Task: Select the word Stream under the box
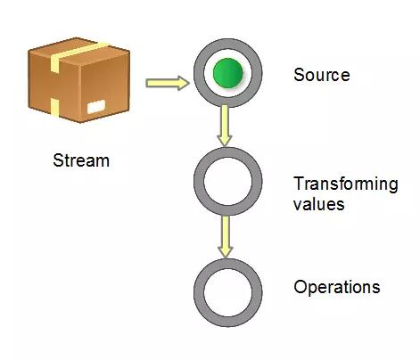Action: click(x=81, y=161)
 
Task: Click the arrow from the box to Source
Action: click(x=168, y=84)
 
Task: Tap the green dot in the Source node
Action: click(x=227, y=74)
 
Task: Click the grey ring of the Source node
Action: click(x=202, y=74)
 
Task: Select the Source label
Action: click(x=321, y=75)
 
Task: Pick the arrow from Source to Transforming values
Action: click(x=226, y=126)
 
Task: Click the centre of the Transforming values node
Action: click(x=227, y=182)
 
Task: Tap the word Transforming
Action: click(x=345, y=184)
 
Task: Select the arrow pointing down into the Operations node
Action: click(x=226, y=238)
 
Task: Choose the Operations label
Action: click(x=336, y=288)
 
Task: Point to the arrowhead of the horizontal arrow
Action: click(x=184, y=84)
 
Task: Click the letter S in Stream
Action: click(x=58, y=161)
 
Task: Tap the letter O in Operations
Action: click(x=300, y=287)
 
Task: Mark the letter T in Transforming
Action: click(x=298, y=184)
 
